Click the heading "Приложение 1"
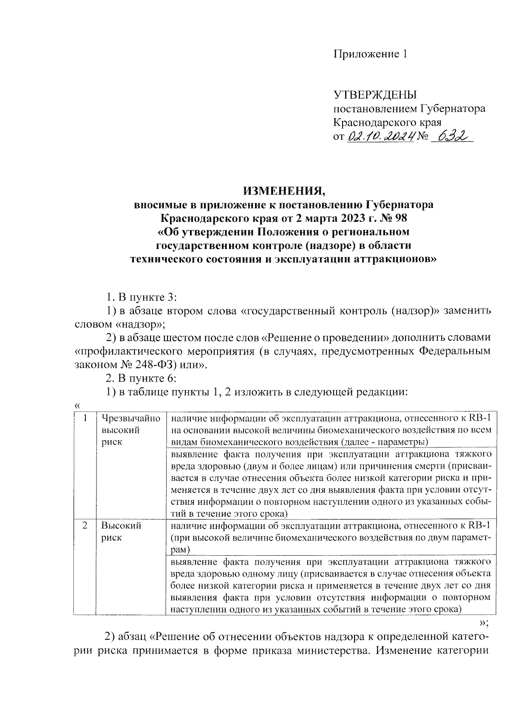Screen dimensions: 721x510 coord(370,54)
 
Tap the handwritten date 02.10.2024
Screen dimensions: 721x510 coord(381,137)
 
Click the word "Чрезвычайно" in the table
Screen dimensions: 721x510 coord(131,418)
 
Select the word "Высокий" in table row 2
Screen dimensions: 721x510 coord(121,526)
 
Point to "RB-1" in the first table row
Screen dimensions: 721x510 coord(481,418)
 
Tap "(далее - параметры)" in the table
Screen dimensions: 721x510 coord(385,442)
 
